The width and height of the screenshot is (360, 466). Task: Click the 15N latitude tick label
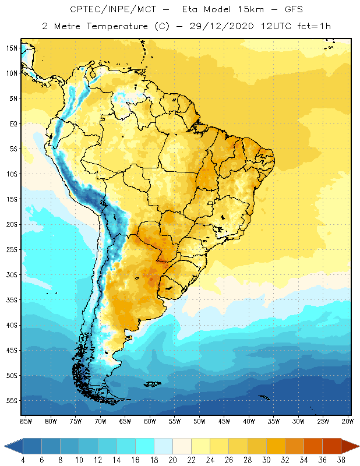[12, 48]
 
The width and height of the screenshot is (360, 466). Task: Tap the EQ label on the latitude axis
[12, 123]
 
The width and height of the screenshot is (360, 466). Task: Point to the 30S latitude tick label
[12, 274]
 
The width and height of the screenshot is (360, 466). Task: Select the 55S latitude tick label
[12, 401]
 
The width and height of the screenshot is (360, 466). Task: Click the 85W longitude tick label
[26, 421]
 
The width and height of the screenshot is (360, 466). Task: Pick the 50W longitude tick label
[199, 421]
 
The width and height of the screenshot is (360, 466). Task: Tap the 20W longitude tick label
[348, 421]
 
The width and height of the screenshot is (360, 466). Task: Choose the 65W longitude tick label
[125, 421]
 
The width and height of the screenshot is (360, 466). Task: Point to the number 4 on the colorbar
[23, 459]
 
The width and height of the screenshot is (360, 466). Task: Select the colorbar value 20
[173, 459]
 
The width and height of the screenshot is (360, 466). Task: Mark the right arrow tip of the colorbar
[358, 446]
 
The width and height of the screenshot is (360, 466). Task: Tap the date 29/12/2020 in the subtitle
[219, 27]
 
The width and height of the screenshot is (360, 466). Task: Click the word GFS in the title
[283, 10]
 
